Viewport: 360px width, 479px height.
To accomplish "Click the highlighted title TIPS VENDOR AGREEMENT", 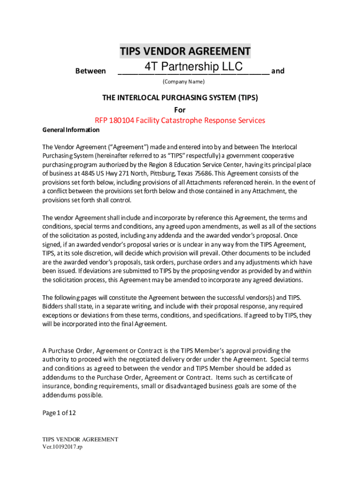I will click(185, 51).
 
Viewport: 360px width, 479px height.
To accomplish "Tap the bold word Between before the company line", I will click(90, 71).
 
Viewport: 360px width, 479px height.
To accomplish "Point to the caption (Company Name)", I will click(183, 82).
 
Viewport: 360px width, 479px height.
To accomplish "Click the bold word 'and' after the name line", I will click(278, 71).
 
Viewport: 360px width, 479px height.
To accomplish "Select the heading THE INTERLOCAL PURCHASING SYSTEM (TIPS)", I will click(180, 98).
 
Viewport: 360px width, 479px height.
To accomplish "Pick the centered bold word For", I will click(180, 110).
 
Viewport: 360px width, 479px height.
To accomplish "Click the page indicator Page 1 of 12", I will click(59, 413).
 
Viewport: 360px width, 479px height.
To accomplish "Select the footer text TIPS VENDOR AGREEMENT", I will click(80, 439).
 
